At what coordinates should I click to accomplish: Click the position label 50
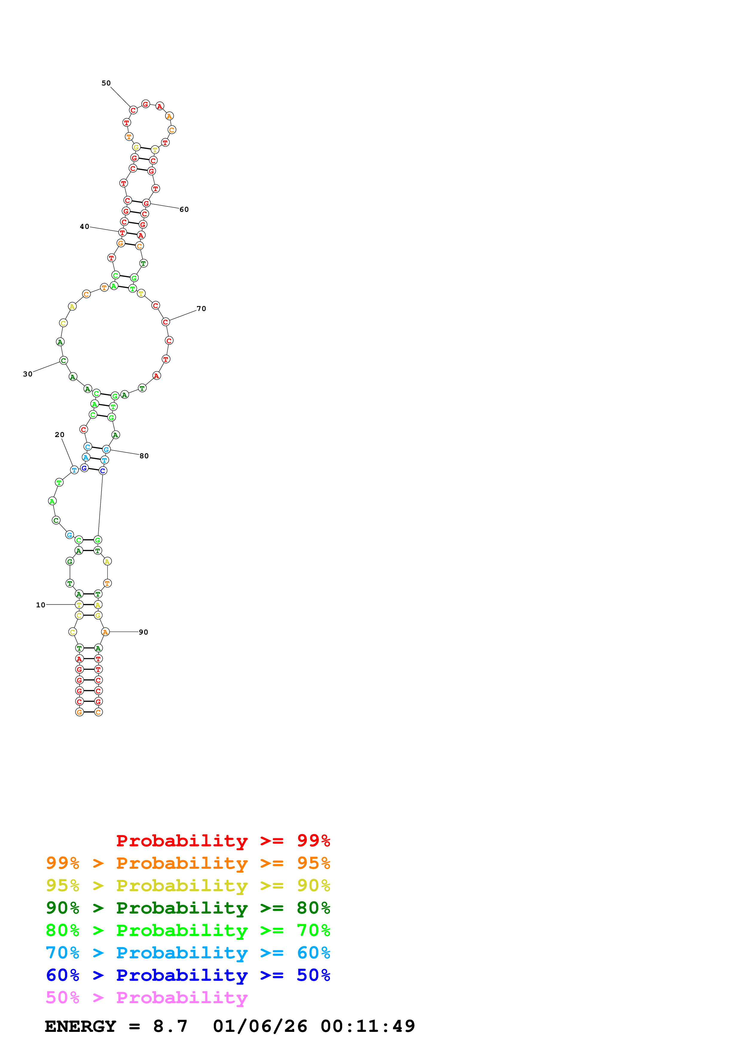106,83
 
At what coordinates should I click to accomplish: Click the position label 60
184,209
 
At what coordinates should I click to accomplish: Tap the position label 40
85,226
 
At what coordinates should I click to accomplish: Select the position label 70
201,309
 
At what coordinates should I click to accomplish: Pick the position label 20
59,435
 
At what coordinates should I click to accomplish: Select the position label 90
143,632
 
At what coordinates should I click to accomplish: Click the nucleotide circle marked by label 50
133,110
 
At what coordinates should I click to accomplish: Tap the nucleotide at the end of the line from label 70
165,322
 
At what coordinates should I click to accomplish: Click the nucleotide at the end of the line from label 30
63,361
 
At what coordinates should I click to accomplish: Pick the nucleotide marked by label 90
106,632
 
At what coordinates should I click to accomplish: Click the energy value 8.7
170,1026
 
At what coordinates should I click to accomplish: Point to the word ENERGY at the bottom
80,1026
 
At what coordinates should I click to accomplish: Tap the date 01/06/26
260,1026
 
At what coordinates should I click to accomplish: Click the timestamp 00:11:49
368,1026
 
